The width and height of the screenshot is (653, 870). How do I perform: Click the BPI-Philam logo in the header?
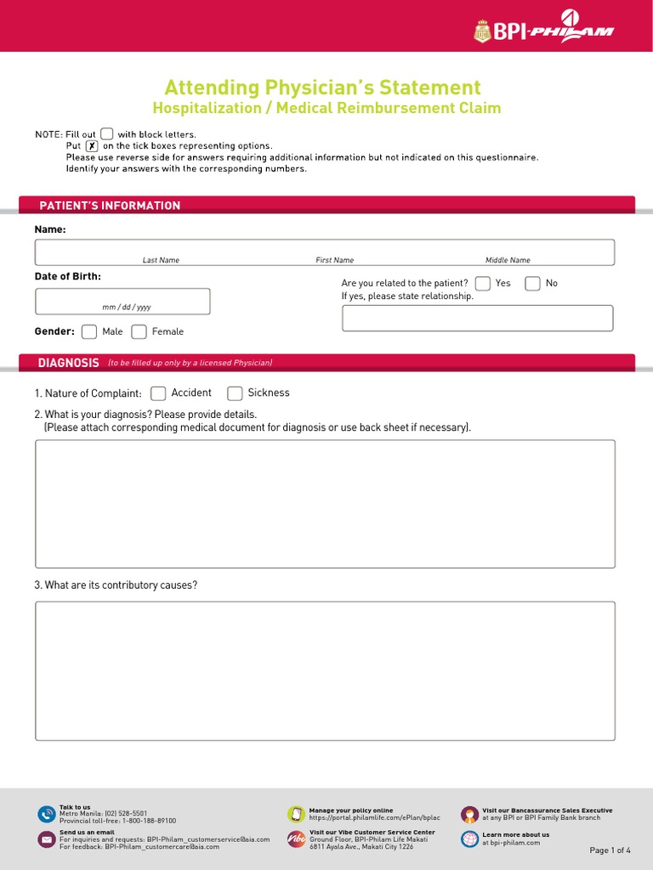(x=543, y=32)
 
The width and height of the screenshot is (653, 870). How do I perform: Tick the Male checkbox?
(x=89, y=332)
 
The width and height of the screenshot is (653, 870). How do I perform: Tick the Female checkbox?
(x=139, y=332)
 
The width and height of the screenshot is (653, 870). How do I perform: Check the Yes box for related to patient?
(x=483, y=284)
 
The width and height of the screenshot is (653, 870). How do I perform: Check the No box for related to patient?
(x=532, y=284)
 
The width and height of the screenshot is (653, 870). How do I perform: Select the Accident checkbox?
(x=158, y=393)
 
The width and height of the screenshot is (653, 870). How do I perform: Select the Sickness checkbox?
(x=235, y=393)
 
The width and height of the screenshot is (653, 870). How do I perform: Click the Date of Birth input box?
(x=122, y=301)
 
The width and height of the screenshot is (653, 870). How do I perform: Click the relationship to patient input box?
(x=477, y=318)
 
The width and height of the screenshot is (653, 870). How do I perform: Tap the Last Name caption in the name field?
(x=161, y=260)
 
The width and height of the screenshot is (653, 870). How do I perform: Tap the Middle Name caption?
(x=508, y=260)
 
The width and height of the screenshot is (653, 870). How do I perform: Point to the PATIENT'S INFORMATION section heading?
(x=110, y=206)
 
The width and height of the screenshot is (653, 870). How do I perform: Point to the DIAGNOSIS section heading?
(x=69, y=363)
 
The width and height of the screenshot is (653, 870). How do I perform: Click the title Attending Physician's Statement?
(x=322, y=88)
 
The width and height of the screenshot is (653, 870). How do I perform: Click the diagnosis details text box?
(x=325, y=504)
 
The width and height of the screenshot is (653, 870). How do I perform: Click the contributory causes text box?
(x=325, y=671)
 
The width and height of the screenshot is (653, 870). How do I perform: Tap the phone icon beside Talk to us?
(x=46, y=814)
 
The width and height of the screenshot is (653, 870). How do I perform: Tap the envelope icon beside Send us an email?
(x=46, y=839)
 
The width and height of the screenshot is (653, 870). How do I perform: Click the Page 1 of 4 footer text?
(x=610, y=850)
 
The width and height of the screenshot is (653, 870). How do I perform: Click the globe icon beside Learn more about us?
(x=469, y=839)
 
